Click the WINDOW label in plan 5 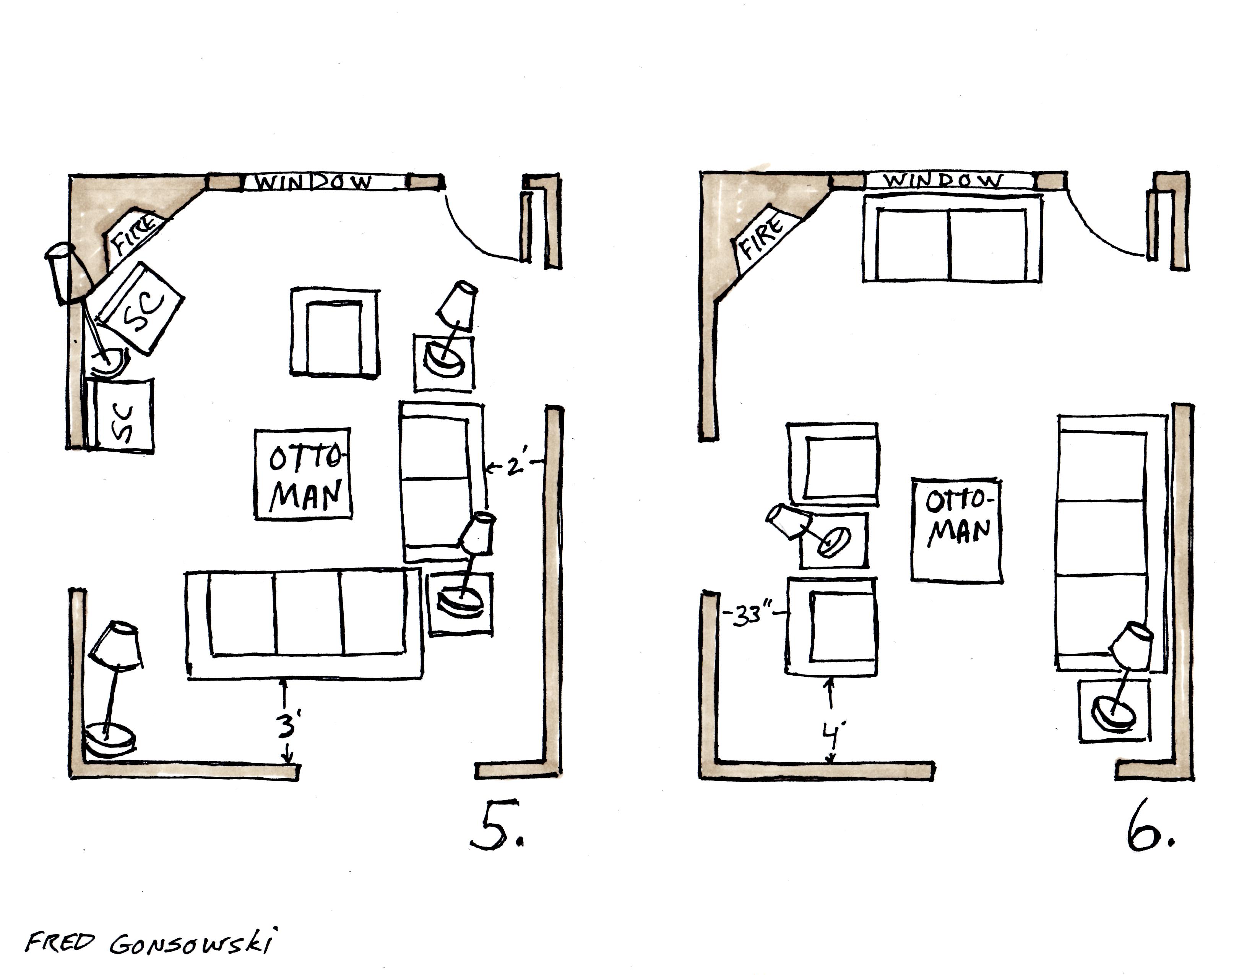pos(314,182)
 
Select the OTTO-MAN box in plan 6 pos(956,530)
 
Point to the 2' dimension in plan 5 pos(515,466)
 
